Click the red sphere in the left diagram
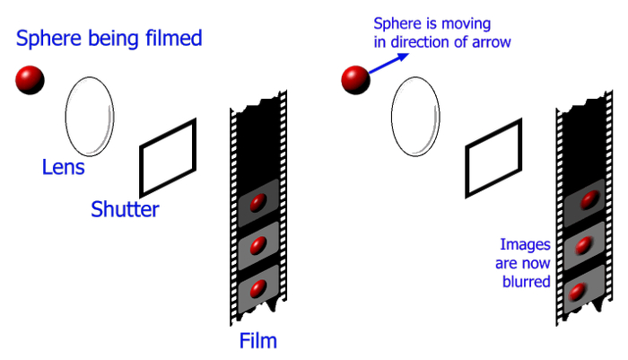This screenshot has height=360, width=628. pyautogui.click(x=30, y=79)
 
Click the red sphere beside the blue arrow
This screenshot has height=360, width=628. pyautogui.click(x=355, y=79)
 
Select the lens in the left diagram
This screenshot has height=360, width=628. pyautogui.click(x=91, y=117)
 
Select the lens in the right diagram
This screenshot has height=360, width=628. pyautogui.click(x=415, y=117)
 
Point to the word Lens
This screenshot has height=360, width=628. pyautogui.click(x=63, y=168)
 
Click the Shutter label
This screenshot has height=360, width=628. pyautogui.click(x=125, y=210)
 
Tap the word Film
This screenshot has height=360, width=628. pyautogui.click(x=258, y=341)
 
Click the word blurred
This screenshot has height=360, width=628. pyautogui.click(x=527, y=281)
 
